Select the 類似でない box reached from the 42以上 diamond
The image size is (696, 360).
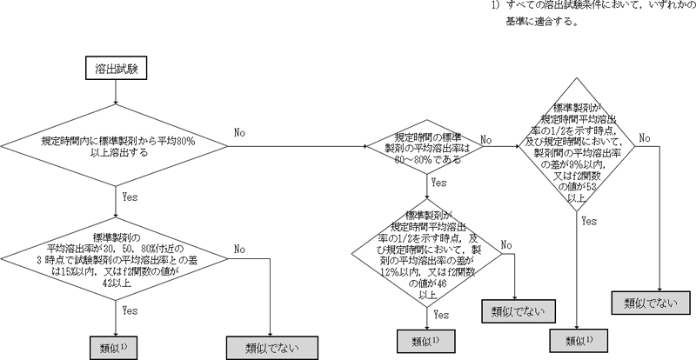[271, 347]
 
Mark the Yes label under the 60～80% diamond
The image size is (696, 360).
[438, 183]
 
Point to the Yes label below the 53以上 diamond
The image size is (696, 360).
[589, 222]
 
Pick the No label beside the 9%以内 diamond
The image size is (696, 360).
[645, 137]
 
